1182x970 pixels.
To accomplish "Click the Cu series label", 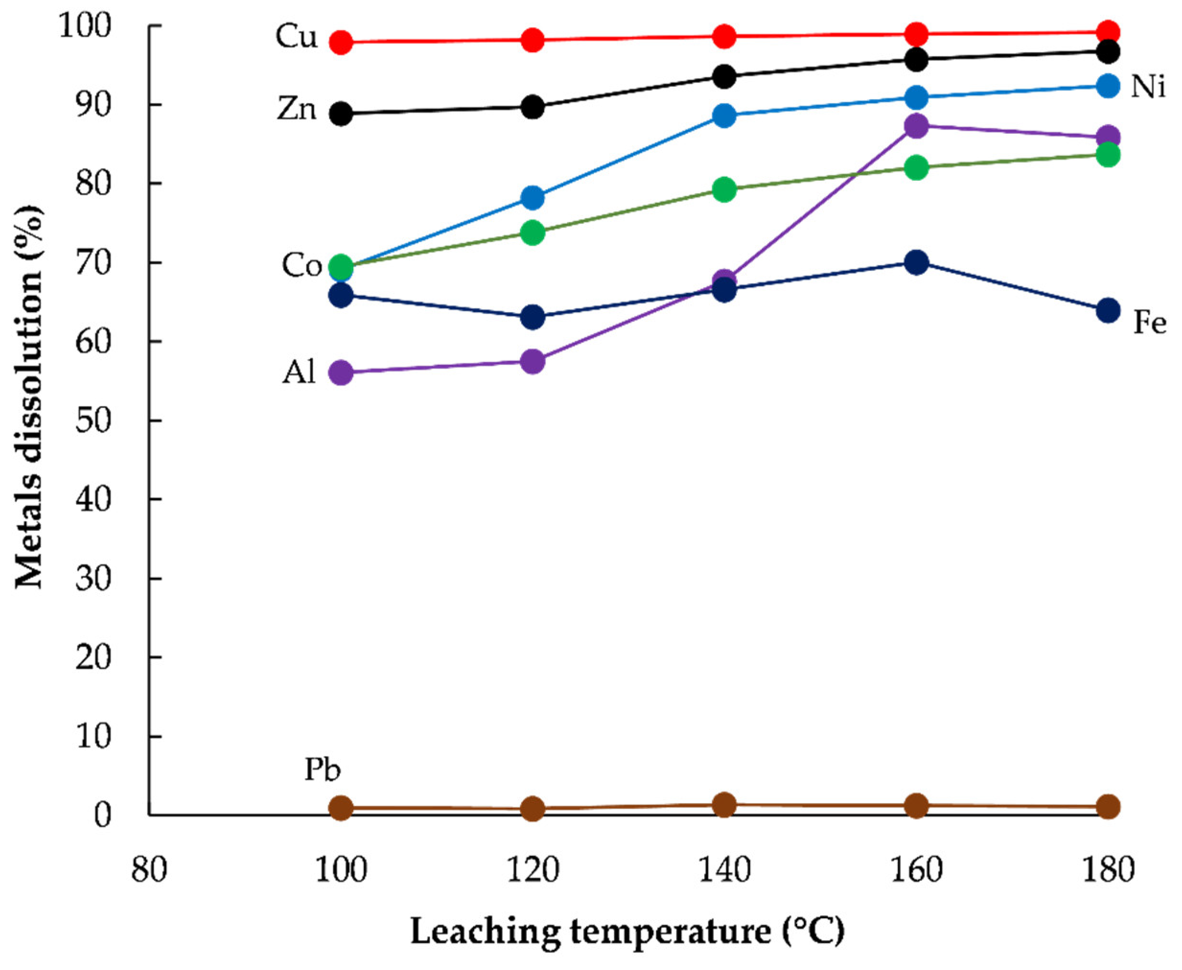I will (x=296, y=38).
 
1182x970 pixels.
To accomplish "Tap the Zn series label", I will (x=297, y=110).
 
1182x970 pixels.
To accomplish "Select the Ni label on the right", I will (x=1148, y=88).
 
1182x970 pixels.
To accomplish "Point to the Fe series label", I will (x=1149, y=324).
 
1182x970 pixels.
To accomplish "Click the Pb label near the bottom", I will (x=322, y=770).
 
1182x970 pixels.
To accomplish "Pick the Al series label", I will (x=299, y=373).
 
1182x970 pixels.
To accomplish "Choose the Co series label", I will (x=301, y=266).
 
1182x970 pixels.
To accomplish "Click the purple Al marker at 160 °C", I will (x=916, y=125).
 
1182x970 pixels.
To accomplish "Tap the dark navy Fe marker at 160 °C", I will (x=916, y=263).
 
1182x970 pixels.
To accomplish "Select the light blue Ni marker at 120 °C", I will (x=533, y=198).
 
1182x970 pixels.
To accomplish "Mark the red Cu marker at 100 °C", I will (x=341, y=43).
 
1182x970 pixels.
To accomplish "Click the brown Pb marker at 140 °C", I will (x=725, y=805).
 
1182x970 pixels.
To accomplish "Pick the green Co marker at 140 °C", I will (x=725, y=190).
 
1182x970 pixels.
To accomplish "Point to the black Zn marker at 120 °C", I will (x=533, y=107).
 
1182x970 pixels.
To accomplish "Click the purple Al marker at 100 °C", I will (x=341, y=372).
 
